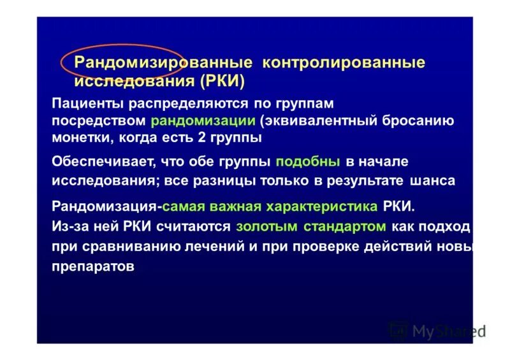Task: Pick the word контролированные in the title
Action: [x=343, y=62]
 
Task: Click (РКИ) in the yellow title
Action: [x=222, y=81]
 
